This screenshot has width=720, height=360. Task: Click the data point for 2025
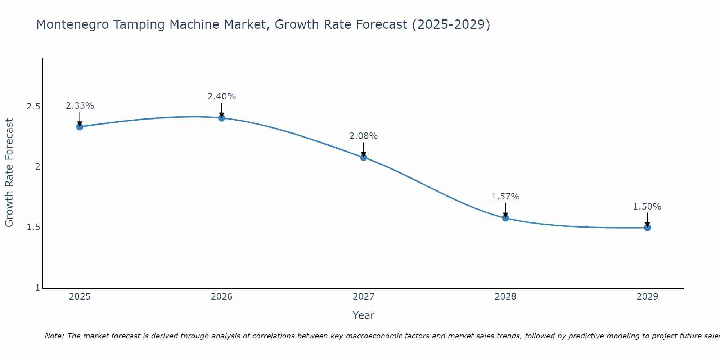pos(80,127)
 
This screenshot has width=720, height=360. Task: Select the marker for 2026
pos(222,118)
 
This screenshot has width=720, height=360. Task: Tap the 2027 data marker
pos(364,157)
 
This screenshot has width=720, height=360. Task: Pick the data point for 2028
pos(505,218)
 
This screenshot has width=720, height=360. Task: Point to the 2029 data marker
pos(647,228)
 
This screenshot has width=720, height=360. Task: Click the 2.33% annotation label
pos(80,106)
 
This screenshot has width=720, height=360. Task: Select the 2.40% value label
pos(222,96)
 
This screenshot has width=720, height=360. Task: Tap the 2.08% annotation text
pos(364,136)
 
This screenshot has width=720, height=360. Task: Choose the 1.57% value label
pos(505,197)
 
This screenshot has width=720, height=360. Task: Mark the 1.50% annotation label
pos(647,207)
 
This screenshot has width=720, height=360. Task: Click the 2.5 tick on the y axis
pos(33,107)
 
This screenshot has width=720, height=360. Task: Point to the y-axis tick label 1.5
pos(33,228)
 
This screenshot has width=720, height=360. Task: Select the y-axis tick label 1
pos(37,288)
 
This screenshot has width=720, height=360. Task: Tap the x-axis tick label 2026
pos(222,297)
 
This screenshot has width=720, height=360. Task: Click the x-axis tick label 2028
pos(505,297)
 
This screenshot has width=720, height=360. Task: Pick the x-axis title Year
pos(364,315)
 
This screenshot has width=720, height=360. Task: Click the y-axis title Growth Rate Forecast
pos(9,173)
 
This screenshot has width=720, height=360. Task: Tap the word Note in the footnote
pos(54,336)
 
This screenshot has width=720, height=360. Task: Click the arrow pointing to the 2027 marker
pos(364,149)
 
